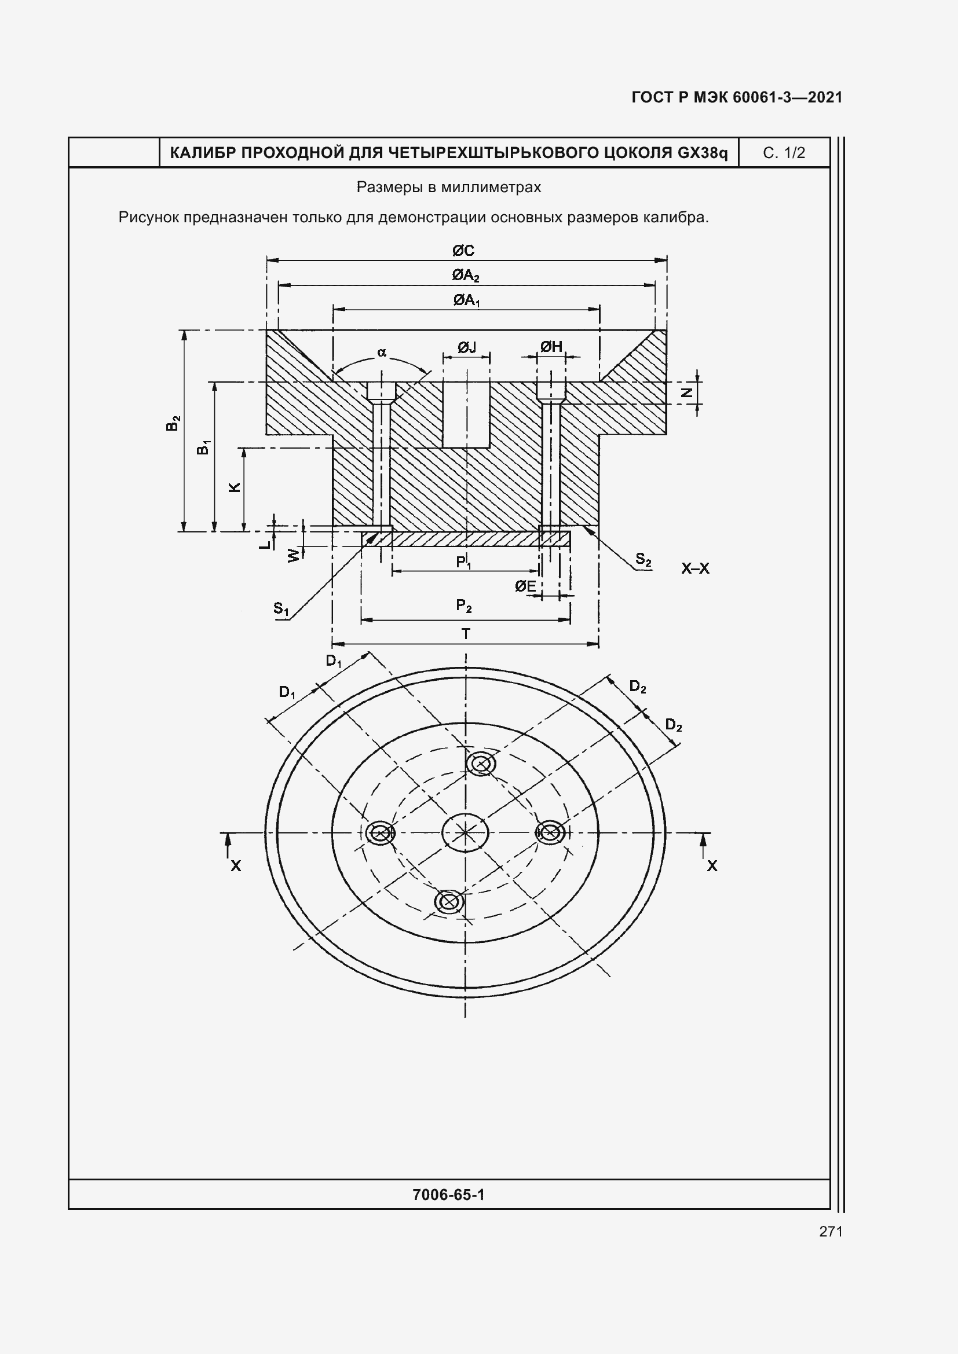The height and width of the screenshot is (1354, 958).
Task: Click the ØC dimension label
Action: (463, 251)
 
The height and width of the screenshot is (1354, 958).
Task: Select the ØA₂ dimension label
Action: (466, 276)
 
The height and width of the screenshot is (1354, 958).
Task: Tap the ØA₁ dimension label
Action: (466, 301)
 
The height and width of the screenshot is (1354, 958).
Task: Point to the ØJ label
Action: (467, 347)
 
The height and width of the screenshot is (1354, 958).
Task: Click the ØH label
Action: (551, 347)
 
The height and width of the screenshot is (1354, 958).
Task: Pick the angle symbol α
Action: (382, 353)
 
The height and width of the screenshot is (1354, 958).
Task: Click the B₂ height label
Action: (172, 423)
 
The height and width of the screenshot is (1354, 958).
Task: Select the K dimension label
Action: (235, 487)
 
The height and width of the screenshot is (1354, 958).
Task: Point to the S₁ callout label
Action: (281, 608)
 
